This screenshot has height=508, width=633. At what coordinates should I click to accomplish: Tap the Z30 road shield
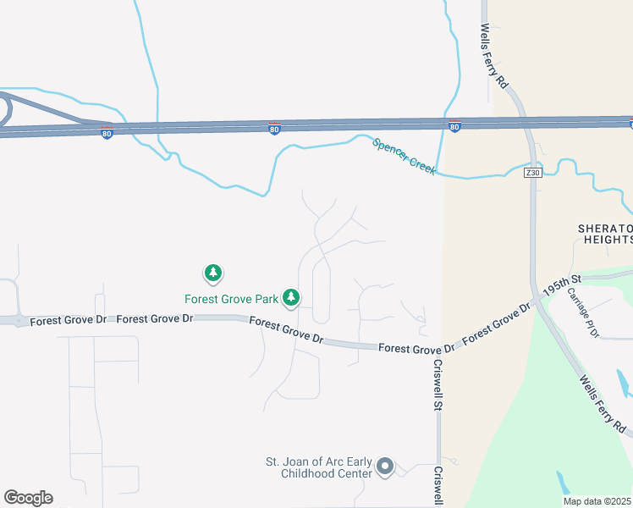tap(532, 173)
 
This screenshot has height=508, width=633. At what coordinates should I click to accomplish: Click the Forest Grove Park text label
tap(232, 299)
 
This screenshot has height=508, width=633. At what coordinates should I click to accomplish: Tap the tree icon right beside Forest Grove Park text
tap(291, 297)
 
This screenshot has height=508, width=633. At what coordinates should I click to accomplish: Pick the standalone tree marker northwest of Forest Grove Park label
tap(213, 273)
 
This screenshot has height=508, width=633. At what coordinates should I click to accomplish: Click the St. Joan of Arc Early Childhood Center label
tap(318, 467)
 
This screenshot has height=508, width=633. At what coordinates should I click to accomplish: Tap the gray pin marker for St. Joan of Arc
tap(386, 467)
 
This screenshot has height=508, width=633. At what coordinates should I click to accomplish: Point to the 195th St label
tap(564, 284)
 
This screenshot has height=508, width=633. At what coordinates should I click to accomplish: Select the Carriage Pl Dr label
tap(582, 313)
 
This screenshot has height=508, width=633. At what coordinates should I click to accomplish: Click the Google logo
tap(28, 498)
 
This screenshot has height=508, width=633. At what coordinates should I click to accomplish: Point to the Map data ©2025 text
tap(597, 501)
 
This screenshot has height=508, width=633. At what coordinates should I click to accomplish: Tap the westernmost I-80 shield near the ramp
tap(107, 134)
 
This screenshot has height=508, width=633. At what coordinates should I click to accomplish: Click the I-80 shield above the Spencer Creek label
tap(454, 126)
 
